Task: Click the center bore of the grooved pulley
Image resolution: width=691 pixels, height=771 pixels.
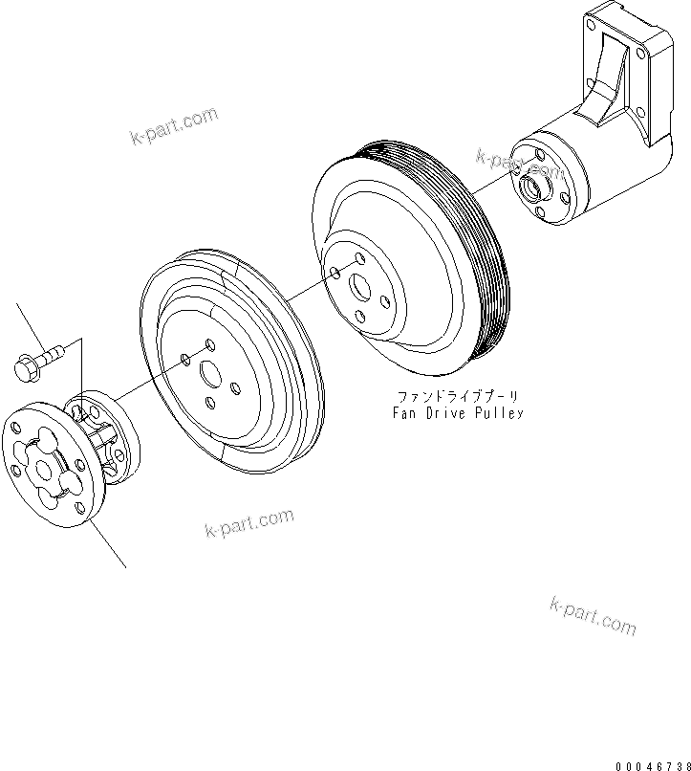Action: (359, 286)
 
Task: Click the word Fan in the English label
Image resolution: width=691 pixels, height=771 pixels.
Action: (408, 413)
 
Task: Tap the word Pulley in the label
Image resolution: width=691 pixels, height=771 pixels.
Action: (503, 413)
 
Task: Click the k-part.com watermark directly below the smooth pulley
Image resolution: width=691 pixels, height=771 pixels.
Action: (248, 523)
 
